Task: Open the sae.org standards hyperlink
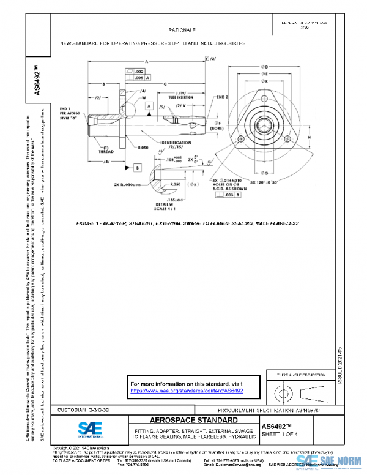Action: tap(187, 390)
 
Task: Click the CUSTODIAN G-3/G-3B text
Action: tap(83, 409)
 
